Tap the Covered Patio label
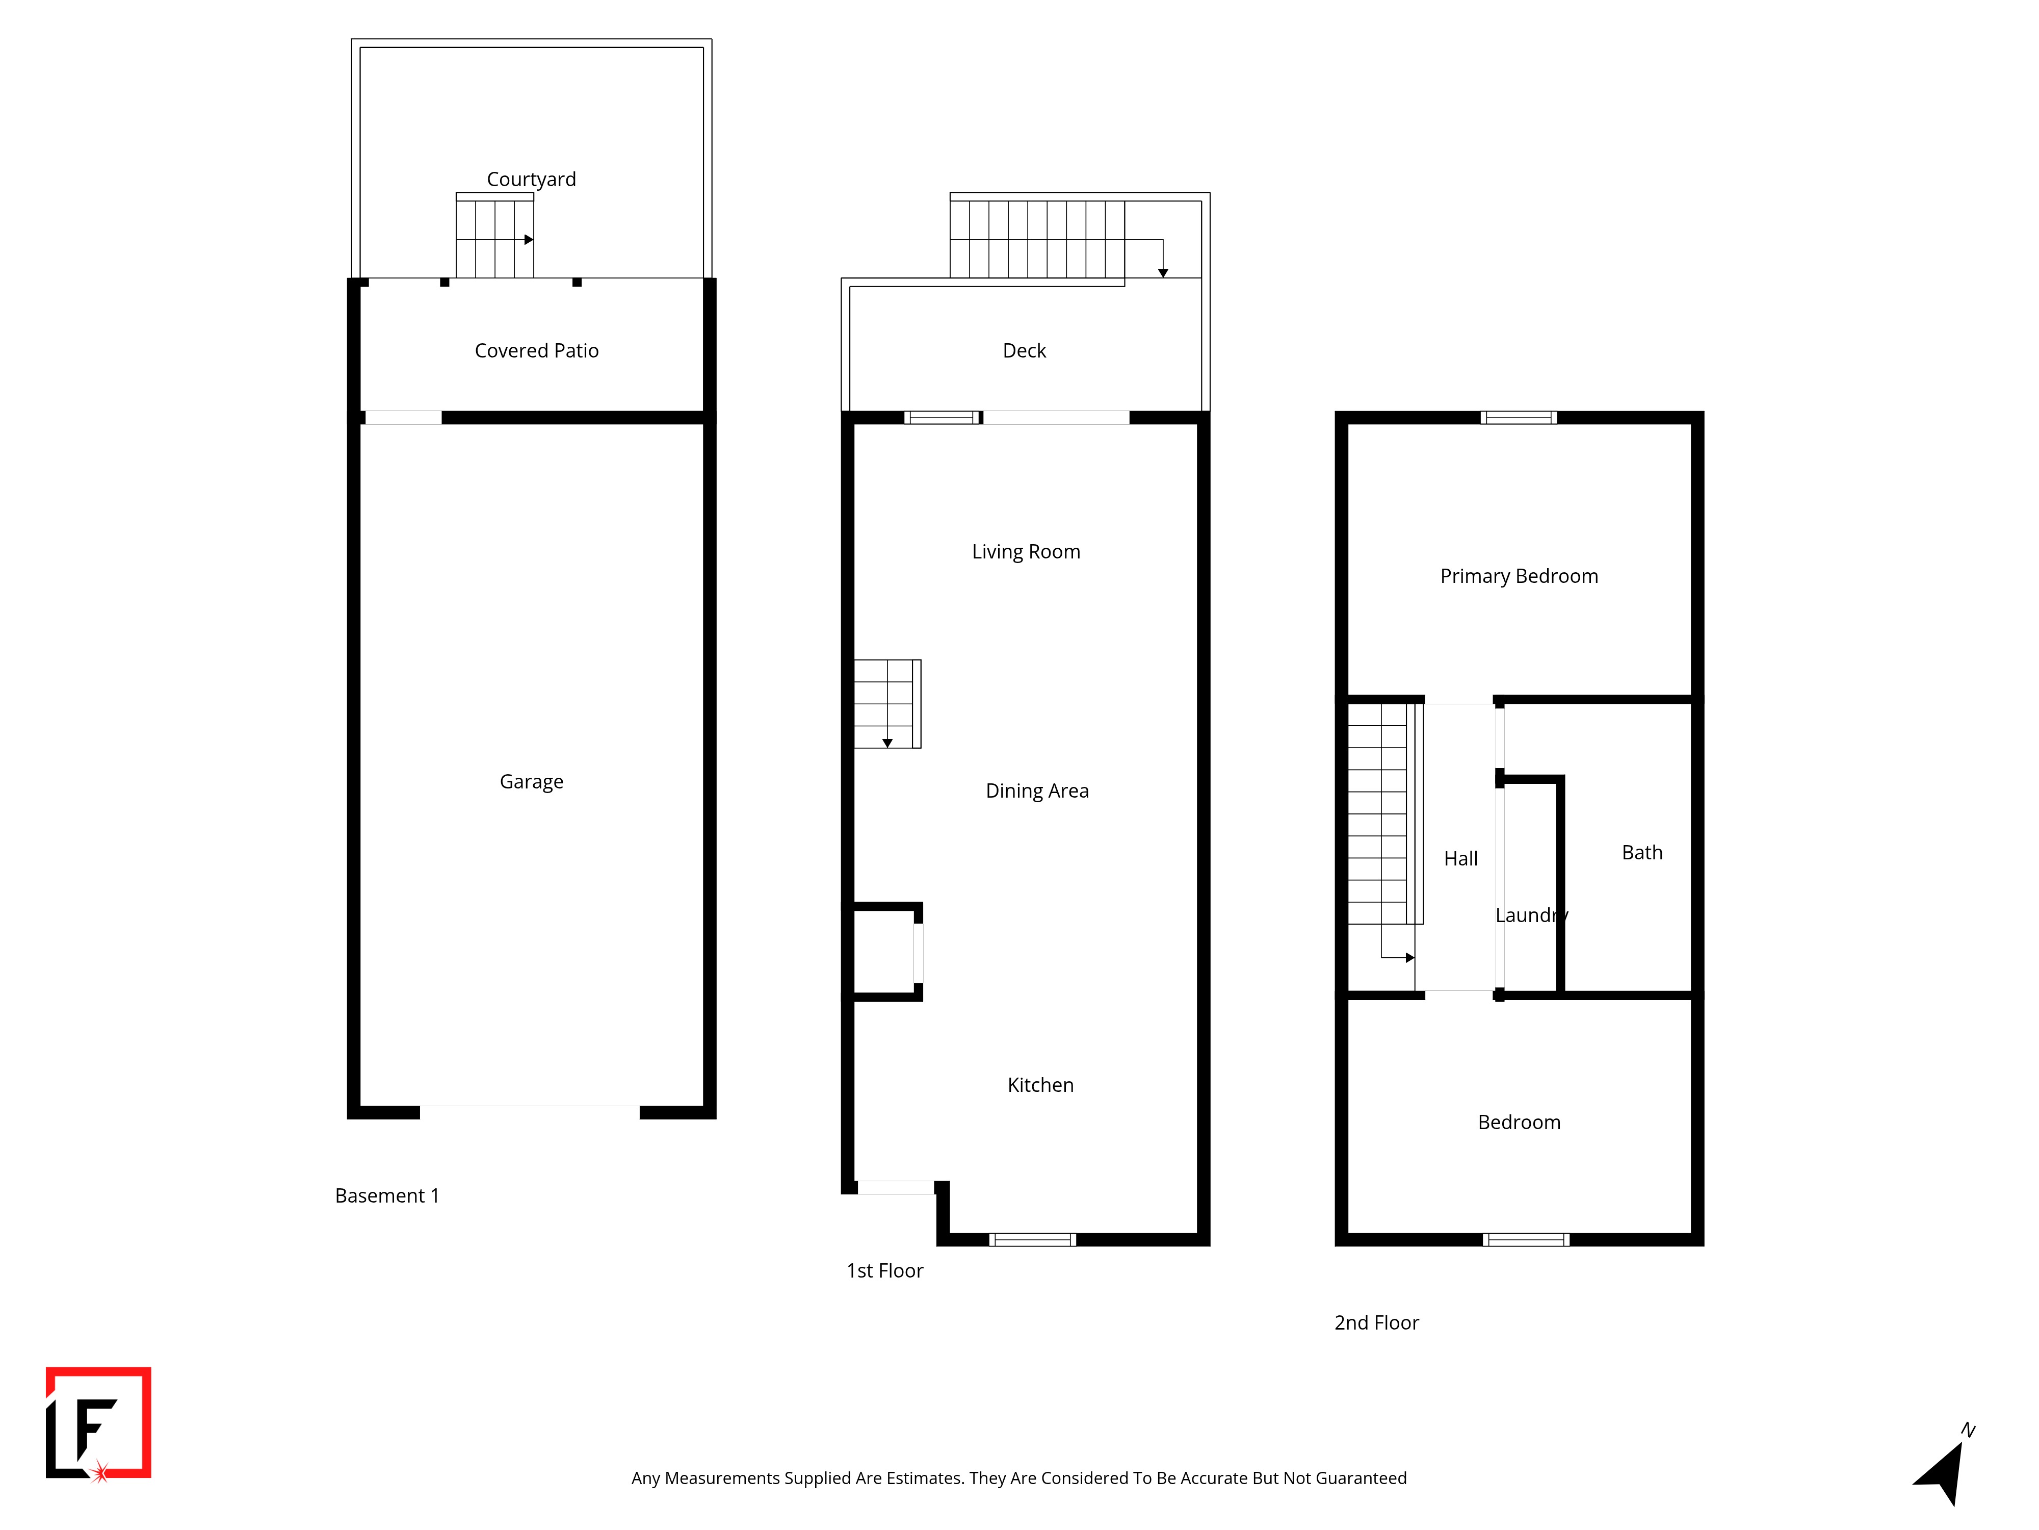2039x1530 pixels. [536, 350]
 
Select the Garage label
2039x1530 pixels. [531, 782]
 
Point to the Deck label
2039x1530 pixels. [1024, 350]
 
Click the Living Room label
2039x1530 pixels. [1026, 551]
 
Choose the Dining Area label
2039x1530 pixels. [1037, 792]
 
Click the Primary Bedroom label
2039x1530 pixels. [1519, 576]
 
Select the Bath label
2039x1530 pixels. [1642, 852]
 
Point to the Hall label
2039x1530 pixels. [1460, 859]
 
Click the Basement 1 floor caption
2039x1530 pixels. [387, 1195]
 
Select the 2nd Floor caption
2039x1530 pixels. [1376, 1322]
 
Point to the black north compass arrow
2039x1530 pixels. [1941, 1473]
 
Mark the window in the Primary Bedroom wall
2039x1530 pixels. [1518, 418]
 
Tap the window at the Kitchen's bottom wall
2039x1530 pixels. [1032, 1239]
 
